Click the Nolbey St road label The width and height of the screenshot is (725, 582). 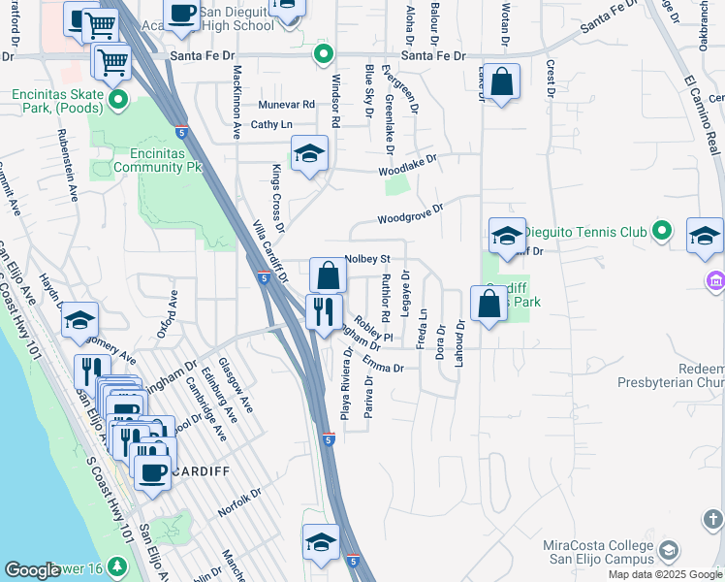point(366,259)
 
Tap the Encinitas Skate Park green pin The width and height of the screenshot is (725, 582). point(118,100)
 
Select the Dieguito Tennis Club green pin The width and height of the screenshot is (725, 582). point(662,231)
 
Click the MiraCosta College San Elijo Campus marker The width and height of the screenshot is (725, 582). point(668,552)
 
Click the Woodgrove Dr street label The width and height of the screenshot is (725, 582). point(410,213)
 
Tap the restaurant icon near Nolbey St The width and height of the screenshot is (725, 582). point(322,311)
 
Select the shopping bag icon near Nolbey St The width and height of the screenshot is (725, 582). point(329,275)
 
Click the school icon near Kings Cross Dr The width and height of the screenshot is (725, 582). point(309,154)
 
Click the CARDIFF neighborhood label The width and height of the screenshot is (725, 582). point(205,471)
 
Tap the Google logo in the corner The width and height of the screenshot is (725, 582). point(32,571)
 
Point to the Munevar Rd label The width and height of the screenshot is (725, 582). point(287,105)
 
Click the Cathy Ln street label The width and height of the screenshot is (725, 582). point(271,125)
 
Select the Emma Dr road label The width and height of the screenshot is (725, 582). point(384,365)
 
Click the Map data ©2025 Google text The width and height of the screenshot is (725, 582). point(665,574)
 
